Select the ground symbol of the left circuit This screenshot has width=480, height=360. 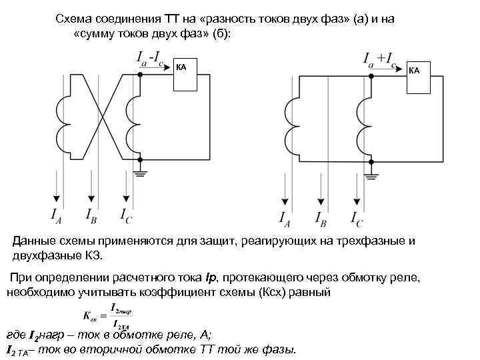tap(141, 174)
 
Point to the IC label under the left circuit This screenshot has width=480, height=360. tap(126, 215)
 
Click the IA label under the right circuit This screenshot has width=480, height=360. tap(285, 217)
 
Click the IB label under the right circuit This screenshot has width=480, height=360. tap(320, 217)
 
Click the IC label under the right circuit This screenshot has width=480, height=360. tap(356, 217)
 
